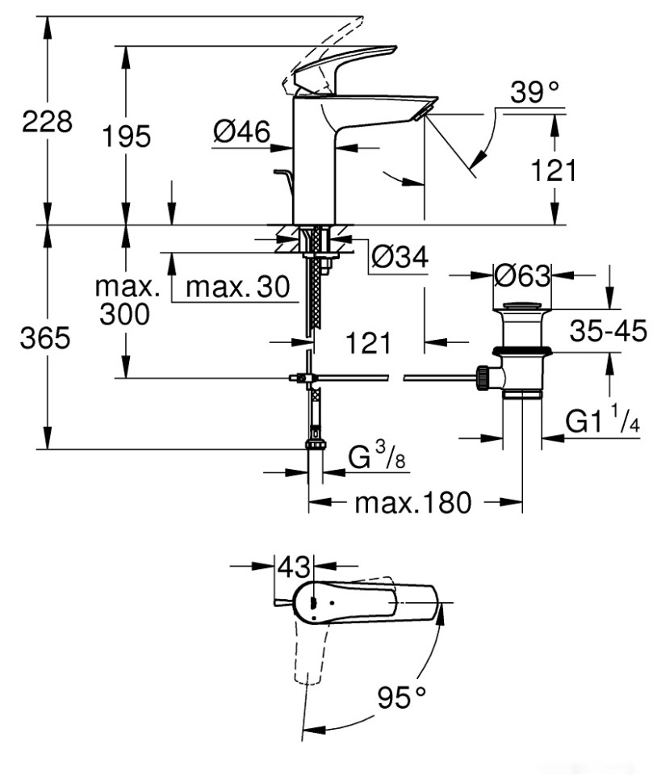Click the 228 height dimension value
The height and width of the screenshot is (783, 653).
coord(46,122)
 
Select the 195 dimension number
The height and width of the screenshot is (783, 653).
coord(126,136)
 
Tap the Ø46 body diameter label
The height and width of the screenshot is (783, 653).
coord(241,132)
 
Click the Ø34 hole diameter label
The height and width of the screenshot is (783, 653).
coord(400,258)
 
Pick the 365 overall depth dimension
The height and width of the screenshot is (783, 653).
coord(44,338)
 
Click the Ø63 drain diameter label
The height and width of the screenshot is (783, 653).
coord(521,275)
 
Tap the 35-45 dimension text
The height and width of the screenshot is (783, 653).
coord(608,331)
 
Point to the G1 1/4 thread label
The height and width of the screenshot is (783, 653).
coord(602,421)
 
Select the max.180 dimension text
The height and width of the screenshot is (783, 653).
coord(412,503)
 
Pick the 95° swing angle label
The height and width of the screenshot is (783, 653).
coord(402,696)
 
